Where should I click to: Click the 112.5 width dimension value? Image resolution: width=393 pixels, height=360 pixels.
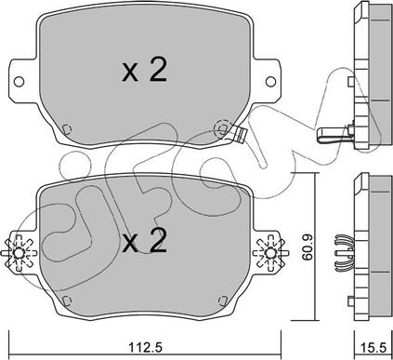pyautogui.click(x=145, y=348)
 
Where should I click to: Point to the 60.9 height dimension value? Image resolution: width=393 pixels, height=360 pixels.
pyautogui.click(x=308, y=247)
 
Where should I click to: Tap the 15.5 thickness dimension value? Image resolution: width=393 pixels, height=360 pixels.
pyautogui.click(x=373, y=348)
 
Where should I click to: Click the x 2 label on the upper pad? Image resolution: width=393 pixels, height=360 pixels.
pyautogui.click(x=144, y=71)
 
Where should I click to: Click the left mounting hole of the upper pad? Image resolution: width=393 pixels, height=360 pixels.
pyautogui.click(x=19, y=82)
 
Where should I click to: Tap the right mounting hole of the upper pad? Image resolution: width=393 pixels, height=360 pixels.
pyautogui.click(x=270, y=82)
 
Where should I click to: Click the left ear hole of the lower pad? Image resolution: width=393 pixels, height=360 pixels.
pyautogui.click(x=19, y=253)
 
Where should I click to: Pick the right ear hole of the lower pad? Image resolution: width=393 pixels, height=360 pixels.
pyautogui.click(x=270, y=253)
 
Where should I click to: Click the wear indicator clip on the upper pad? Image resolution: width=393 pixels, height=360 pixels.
pyautogui.click(x=239, y=134)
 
